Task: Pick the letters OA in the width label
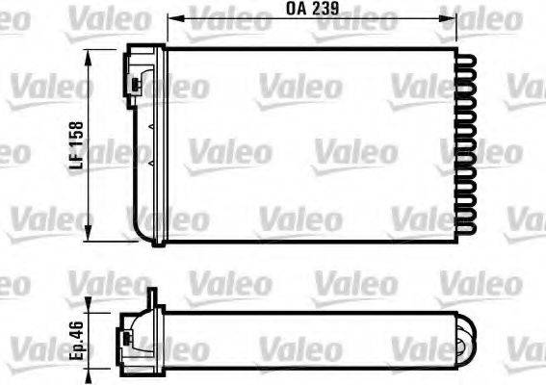click(294, 10)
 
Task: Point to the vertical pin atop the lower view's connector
click(150, 298)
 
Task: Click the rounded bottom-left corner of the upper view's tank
click(137, 234)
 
